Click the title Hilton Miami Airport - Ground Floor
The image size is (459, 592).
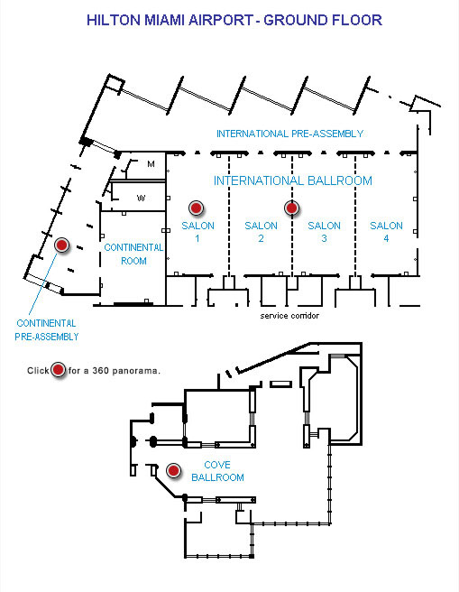click(234, 20)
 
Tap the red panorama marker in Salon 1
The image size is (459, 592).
click(196, 208)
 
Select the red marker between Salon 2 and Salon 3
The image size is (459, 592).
click(291, 208)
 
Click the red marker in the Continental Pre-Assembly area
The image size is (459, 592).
click(61, 245)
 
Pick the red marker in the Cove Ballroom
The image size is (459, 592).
click(173, 470)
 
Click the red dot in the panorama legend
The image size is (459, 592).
click(58, 370)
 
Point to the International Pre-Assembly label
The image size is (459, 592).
click(289, 134)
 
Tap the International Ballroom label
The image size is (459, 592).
click(293, 180)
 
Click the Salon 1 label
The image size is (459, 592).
click(197, 232)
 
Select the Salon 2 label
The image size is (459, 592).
click(261, 232)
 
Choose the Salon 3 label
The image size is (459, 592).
click(324, 232)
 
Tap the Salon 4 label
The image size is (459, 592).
click(386, 232)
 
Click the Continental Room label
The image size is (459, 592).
click(133, 254)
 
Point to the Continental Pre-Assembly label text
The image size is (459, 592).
click(47, 330)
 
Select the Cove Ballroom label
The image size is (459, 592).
click(217, 471)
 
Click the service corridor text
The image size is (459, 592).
click(289, 316)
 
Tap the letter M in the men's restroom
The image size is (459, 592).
click(151, 164)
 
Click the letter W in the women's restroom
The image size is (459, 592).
click(141, 198)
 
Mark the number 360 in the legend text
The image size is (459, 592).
click(101, 370)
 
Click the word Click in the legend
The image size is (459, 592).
click(38, 370)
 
